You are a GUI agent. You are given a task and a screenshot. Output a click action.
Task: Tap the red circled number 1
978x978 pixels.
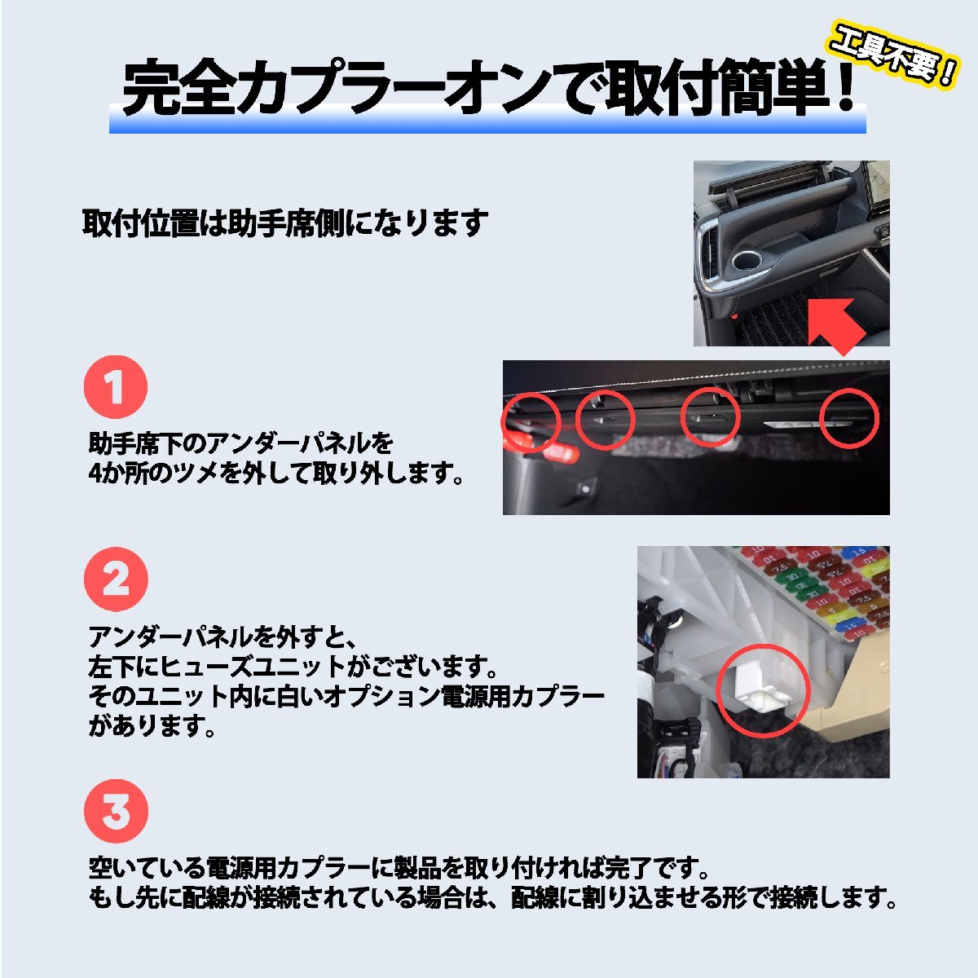click(116, 387)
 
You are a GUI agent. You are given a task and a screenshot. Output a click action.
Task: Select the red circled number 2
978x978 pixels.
click(116, 579)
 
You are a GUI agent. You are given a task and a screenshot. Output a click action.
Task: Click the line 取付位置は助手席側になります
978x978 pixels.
click(285, 222)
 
